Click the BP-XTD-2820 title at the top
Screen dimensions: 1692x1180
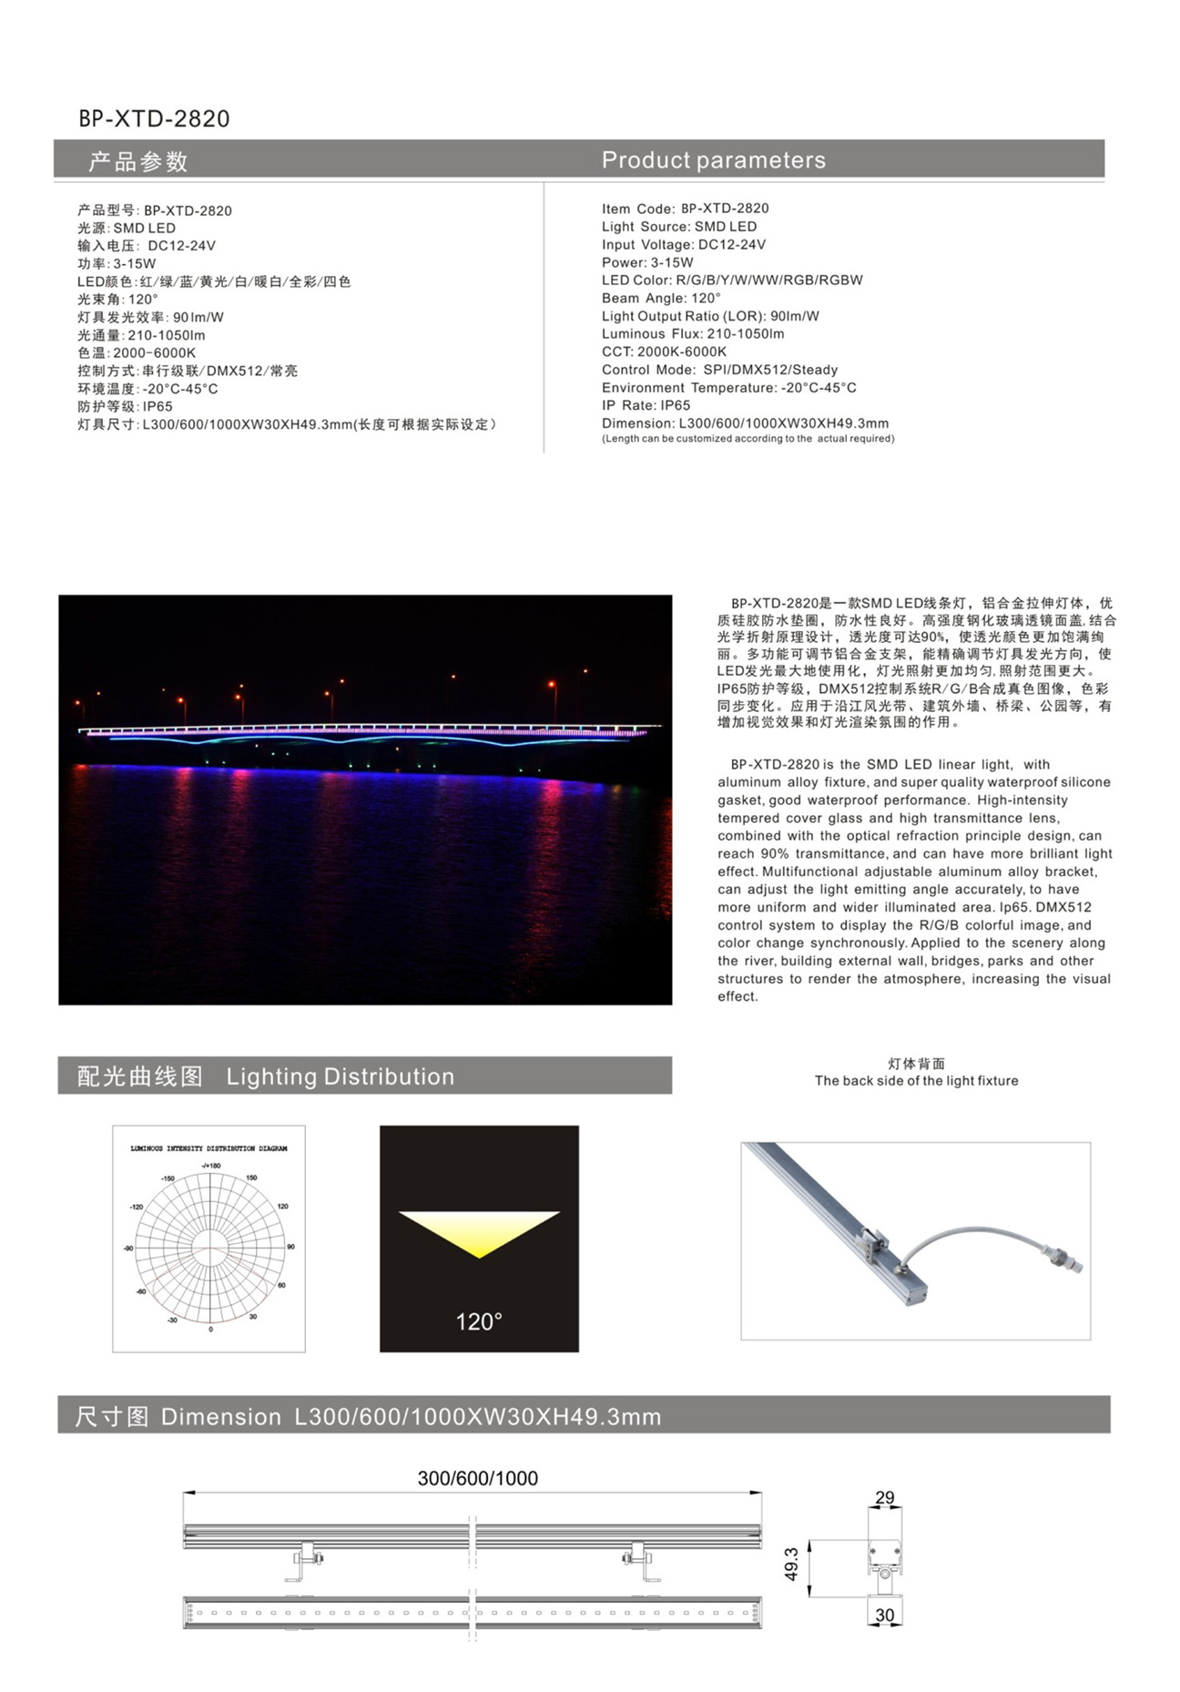[x=154, y=119]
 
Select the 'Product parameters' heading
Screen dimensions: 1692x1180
[x=713, y=160]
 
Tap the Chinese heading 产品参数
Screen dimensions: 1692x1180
[x=137, y=162]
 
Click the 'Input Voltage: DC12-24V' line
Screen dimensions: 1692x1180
[x=683, y=245]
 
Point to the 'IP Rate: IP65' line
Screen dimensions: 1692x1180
[x=646, y=405]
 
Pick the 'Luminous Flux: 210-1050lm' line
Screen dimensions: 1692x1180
[x=692, y=334]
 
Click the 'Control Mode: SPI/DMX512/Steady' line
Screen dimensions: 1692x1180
[x=719, y=370]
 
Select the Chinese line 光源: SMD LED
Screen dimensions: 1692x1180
[x=126, y=229]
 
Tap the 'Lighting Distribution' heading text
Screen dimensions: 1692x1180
[x=340, y=1076]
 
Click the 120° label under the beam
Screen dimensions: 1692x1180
[x=479, y=1321]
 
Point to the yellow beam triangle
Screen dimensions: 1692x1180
[x=479, y=1228]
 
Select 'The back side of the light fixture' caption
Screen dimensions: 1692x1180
[x=916, y=1081]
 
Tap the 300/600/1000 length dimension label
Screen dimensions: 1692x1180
[x=477, y=1478]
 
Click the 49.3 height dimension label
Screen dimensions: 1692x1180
[x=791, y=1564]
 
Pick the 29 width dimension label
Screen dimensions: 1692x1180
[x=884, y=1497]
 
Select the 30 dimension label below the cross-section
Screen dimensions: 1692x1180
[x=884, y=1615]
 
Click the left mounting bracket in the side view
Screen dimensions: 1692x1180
[x=307, y=1563]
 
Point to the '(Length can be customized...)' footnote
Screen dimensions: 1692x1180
[x=748, y=439]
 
